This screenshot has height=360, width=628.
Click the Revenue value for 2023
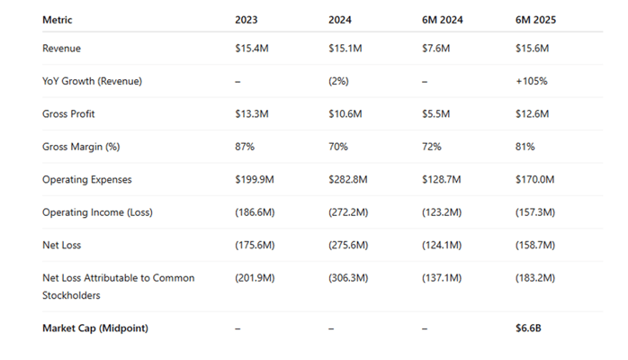coord(252,48)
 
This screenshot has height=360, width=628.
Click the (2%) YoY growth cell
coord(338,80)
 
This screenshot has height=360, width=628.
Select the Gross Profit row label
coord(68,113)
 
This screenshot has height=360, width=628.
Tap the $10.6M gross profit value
coord(345,113)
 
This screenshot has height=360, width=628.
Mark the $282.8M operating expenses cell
coord(349,179)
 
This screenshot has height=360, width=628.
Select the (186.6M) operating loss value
coord(257,211)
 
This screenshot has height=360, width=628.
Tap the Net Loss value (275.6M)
coord(349,245)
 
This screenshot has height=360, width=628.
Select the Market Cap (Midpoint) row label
coord(94,328)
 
